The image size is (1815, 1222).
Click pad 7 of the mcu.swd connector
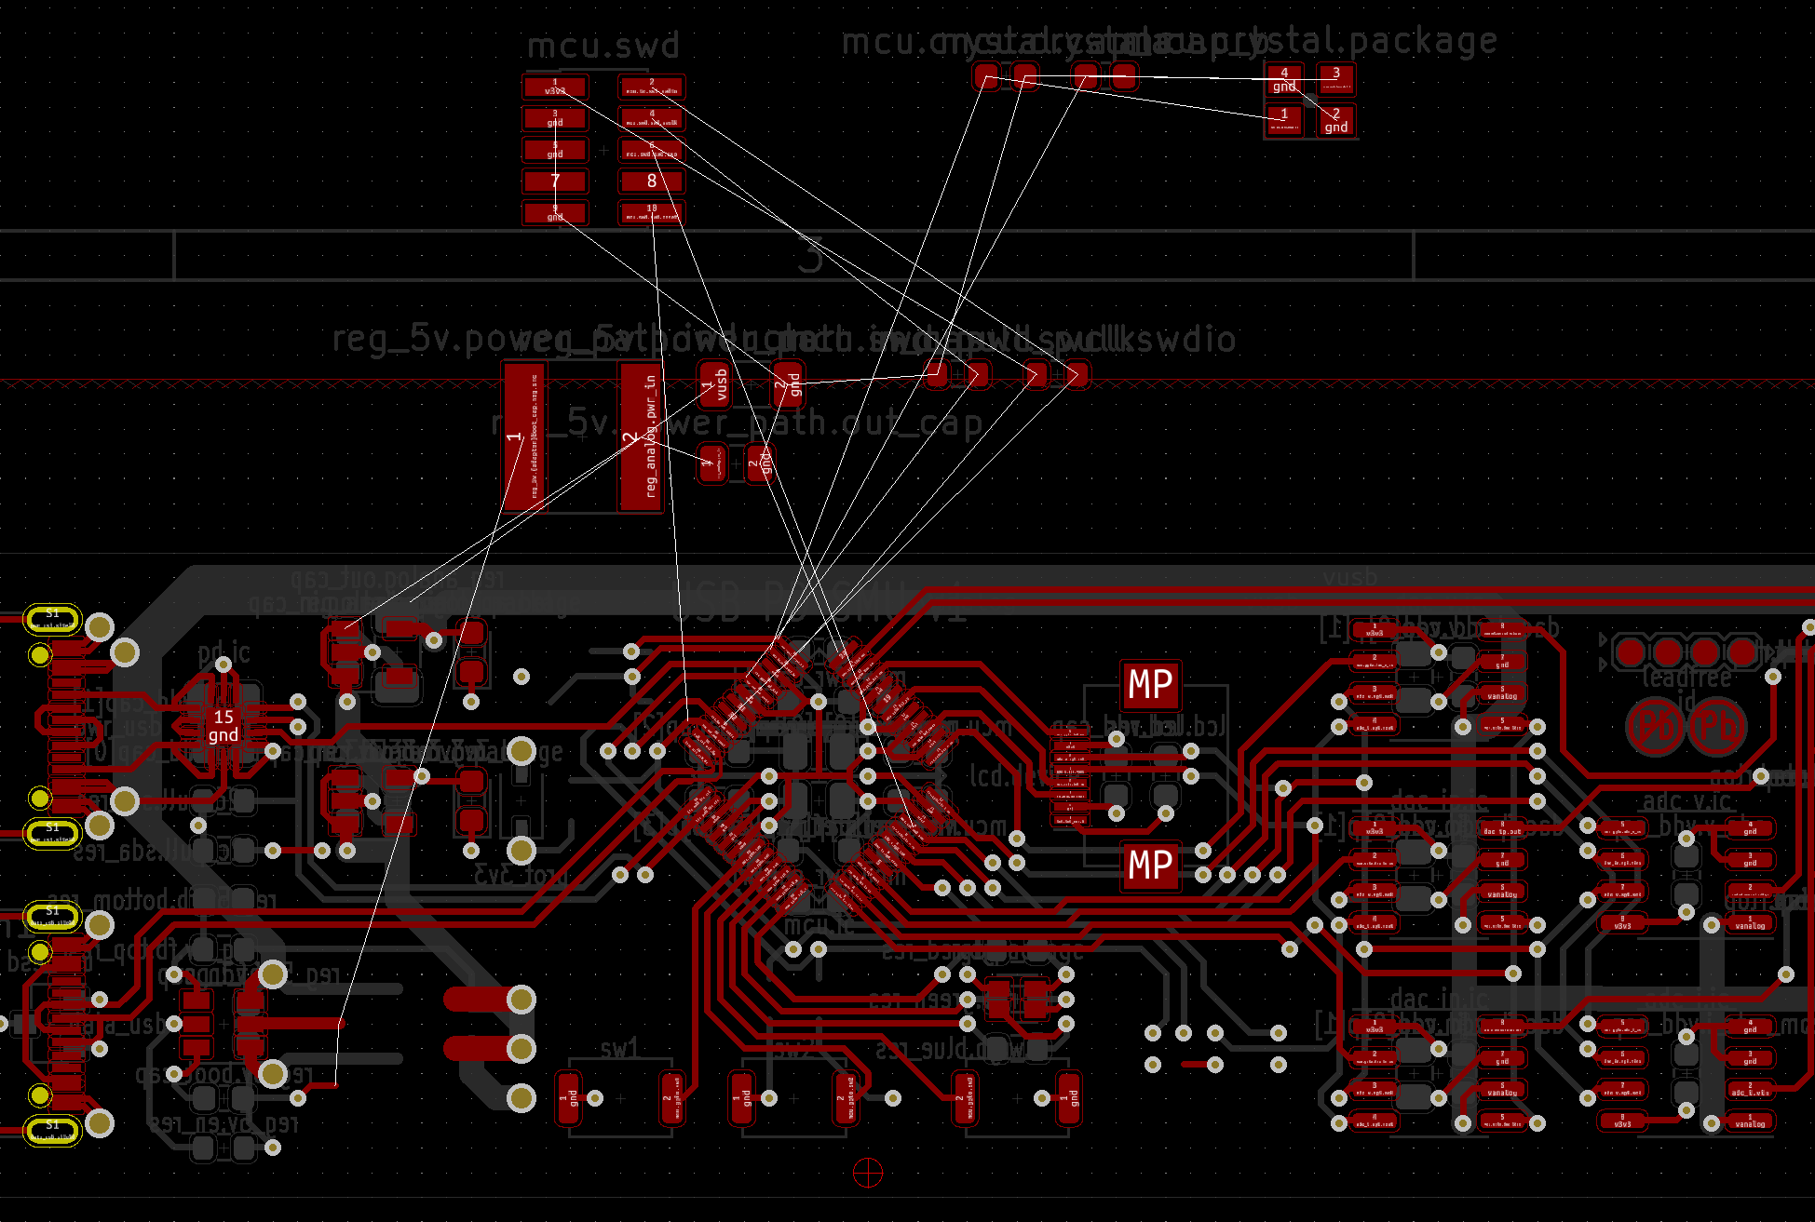pos(555,181)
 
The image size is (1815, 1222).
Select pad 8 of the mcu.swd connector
pos(652,181)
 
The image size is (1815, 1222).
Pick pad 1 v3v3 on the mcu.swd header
pos(555,87)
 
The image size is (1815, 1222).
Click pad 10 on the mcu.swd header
pos(652,212)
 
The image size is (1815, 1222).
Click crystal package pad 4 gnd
pos(1284,79)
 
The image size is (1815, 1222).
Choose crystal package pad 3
pos(1336,79)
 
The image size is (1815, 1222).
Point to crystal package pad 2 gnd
pos(1336,120)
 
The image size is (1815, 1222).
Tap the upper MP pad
pos(1150,685)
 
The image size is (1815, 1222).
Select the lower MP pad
pos(1150,866)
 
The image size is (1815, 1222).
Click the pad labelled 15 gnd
pos(223,726)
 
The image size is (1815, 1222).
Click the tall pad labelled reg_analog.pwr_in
pos(640,436)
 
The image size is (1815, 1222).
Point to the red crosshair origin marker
pos(868,1173)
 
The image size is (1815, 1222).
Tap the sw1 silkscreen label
pos(619,1049)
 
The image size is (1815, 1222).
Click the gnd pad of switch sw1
pos(568,1098)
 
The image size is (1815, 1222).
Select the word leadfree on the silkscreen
pos(1686,678)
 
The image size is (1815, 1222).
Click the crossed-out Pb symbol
pos(1655,726)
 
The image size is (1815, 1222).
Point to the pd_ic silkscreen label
pos(223,652)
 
